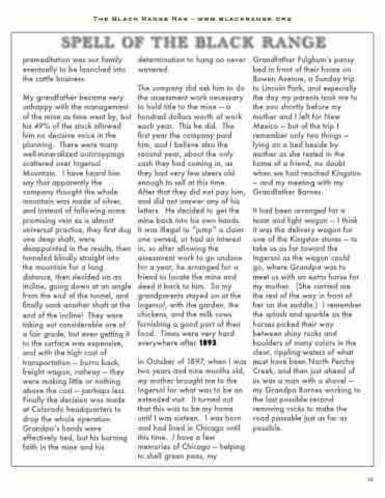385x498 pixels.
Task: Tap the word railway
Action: (x=74, y=370)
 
